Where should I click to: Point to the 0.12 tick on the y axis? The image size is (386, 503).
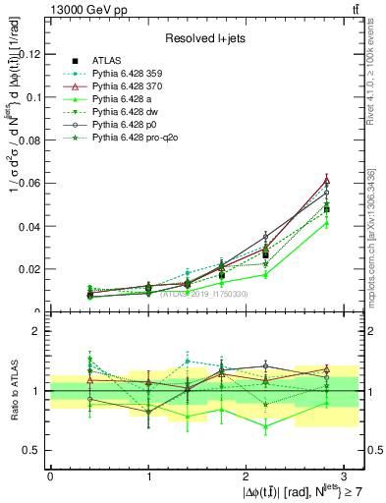[x=29, y=54]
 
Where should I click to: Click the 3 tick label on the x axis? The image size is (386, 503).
[x=346, y=475]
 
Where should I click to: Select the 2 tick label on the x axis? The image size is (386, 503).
[x=247, y=475]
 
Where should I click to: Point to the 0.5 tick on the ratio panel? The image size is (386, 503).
[x=32, y=450]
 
